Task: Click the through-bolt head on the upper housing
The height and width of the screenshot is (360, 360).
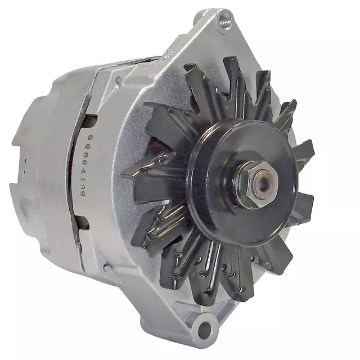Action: pyautogui.click(x=120, y=80)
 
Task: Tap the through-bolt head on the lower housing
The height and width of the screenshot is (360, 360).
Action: pyautogui.click(x=107, y=268)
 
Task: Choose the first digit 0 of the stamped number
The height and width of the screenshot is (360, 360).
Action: pyautogui.click(x=91, y=137)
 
